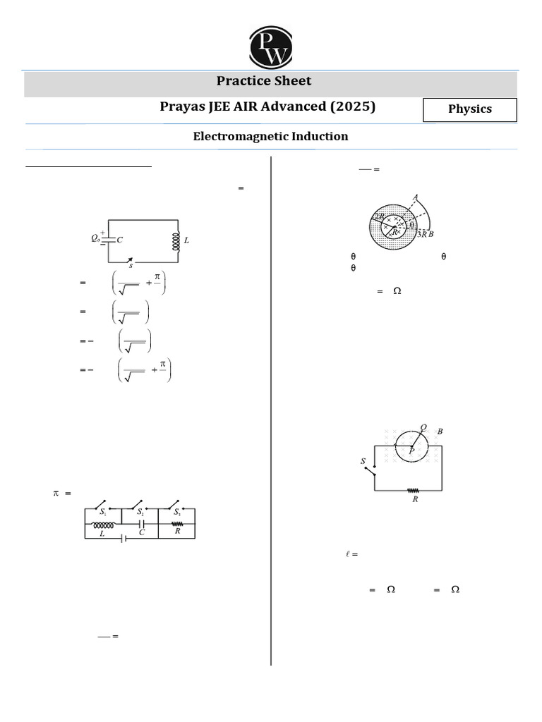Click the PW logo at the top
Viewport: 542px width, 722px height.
point(271,47)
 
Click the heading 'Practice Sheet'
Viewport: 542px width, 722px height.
point(264,81)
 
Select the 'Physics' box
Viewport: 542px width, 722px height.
point(469,109)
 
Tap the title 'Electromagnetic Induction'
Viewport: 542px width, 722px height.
point(270,136)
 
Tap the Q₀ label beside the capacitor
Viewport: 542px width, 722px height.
point(96,239)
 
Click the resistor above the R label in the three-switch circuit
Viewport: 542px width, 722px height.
point(177,524)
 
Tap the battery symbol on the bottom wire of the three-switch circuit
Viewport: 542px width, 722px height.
point(124,539)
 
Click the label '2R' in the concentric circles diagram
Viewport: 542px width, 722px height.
point(379,216)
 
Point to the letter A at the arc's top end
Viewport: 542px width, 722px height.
point(416,197)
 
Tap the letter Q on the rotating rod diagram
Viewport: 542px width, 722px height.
point(423,427)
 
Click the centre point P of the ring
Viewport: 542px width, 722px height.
point(411,449)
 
